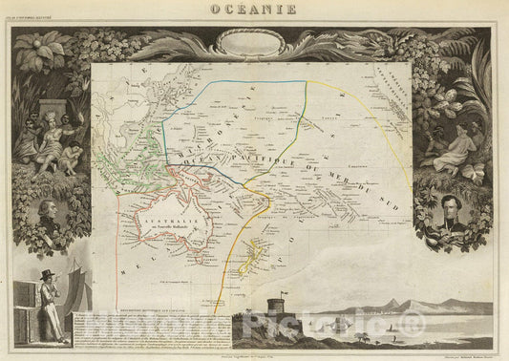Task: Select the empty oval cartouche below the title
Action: click(253, 41)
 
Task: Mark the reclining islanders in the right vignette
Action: click(453, 143)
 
